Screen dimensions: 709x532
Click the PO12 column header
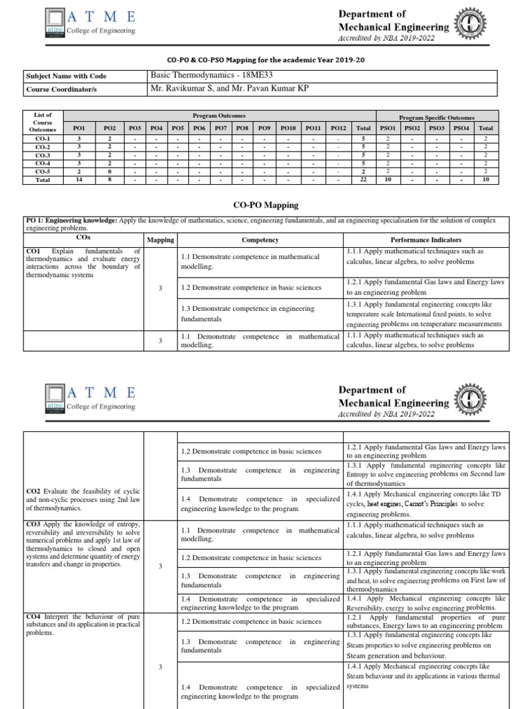(x=338, y=128)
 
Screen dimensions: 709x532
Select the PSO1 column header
(x=388, y=128)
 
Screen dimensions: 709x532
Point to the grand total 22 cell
(x=364, y=179)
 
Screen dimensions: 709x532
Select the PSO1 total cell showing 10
(x=388, y=179)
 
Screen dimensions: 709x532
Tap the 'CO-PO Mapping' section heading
(x=266, y=206)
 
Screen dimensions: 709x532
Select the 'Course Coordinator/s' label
(x=61, y=89)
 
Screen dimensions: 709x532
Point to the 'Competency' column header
(x=260, y=240)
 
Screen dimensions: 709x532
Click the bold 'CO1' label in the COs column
(x=33, y=251)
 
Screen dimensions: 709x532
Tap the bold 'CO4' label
(x=34, y=616)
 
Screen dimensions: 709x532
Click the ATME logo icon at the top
(x=55, y=24)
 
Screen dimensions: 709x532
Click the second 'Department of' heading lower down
(x=372, y=390)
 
